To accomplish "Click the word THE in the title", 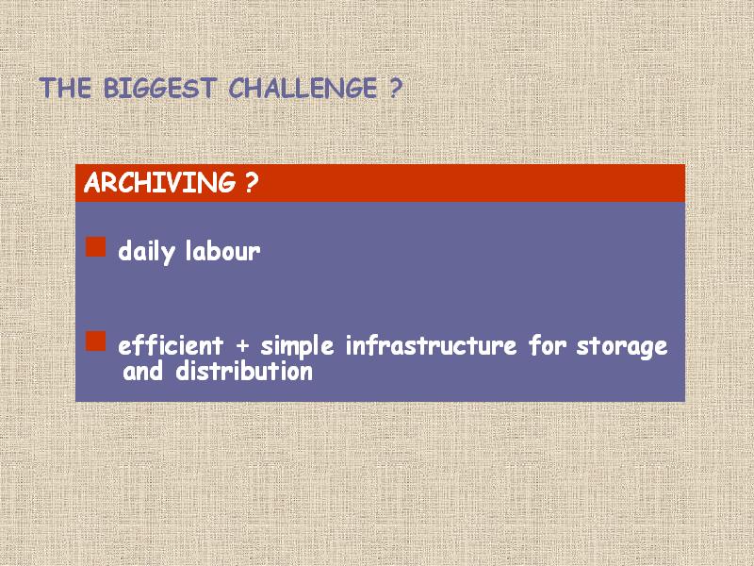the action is (65, 88).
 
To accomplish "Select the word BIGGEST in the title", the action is (158, 88).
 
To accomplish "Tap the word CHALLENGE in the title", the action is (303, 88).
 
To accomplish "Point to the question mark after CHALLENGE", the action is (394, 88).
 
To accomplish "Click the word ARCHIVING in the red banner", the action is (159, 182).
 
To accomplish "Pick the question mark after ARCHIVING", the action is (252, 182).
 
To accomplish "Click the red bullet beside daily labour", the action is (96, 246).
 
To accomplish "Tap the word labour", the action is (223, 251).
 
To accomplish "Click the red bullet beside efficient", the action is (96, 341).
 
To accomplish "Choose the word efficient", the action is (171, 345).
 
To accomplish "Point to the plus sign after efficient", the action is (243, 346).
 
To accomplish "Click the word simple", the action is (297, 346).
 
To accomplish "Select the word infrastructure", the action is (432, 345).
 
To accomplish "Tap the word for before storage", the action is (548, 345).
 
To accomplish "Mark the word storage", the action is (622, 347).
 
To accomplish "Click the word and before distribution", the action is (143, 371).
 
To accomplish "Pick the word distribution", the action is (244, 371).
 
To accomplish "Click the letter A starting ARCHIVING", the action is (91, 182).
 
